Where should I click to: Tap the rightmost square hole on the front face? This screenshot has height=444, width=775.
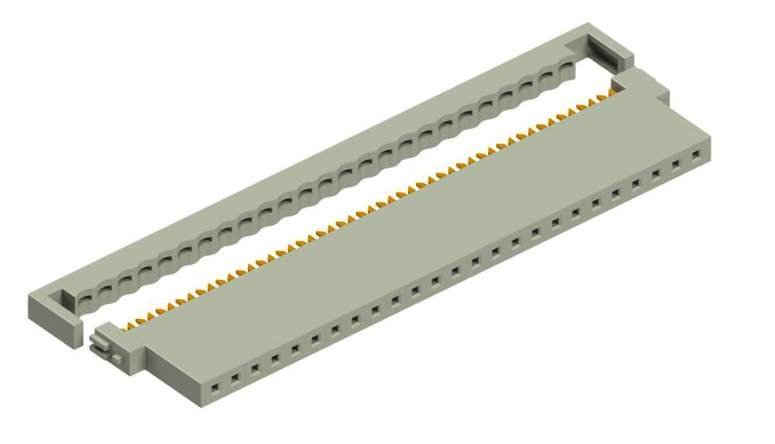696,156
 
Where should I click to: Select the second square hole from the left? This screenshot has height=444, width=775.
234,378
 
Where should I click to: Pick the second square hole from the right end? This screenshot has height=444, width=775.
676,166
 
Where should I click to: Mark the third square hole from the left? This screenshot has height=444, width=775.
255,369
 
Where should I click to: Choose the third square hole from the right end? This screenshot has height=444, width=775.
656,175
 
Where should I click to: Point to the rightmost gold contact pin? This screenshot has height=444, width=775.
614,89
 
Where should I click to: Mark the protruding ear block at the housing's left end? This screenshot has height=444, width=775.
125,349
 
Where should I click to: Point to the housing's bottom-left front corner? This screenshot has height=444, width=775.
191,403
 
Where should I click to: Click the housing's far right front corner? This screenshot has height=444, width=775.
711,151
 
